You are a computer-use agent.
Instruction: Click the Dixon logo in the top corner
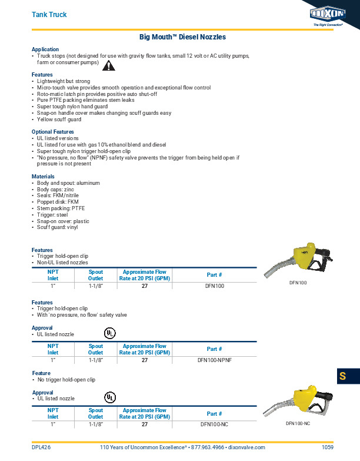pyautogui.click(x=326, y=14)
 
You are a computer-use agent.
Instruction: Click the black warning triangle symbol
pyautogui.click(x=108, y=65)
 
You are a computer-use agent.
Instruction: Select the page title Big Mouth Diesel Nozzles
pyautogui.click(x=182, y=37)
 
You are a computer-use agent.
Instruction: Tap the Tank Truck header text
pyautogui.click(x=49, y=14)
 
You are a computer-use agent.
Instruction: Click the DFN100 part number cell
pyautogui.click(x=215, y=286)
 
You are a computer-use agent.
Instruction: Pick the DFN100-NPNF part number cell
pyautogui.click(x=215, y=359)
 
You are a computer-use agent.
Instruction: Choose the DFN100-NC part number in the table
pyautogui.click(x=215, y=423)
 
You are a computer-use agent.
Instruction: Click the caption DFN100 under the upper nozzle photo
pyautogui.click(x=298, y=283)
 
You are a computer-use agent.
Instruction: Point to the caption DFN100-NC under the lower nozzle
pyautogui.click(x=298, y=423)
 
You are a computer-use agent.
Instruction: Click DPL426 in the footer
pyautogui.click(x=41, y=447)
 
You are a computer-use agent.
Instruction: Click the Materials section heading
pyautogui.click(x=43, y=177)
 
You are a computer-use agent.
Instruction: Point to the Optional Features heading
pyautogui.click(x=53, y=132)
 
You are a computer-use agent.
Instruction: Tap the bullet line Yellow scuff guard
pyautogui.click(x=59, y=120)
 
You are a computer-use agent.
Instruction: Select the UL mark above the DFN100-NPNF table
pyautogui.click(x=110, y=333)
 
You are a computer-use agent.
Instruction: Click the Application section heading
pyautogui.click(x=45, y=49)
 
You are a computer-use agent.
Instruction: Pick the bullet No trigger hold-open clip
pyautogui.click(x=66, y=380)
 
